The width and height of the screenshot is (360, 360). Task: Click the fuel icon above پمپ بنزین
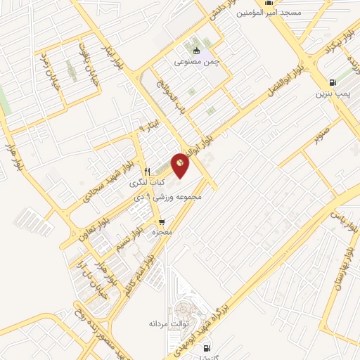click(333, 82)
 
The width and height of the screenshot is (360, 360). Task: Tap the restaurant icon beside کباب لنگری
click(147, 171)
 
